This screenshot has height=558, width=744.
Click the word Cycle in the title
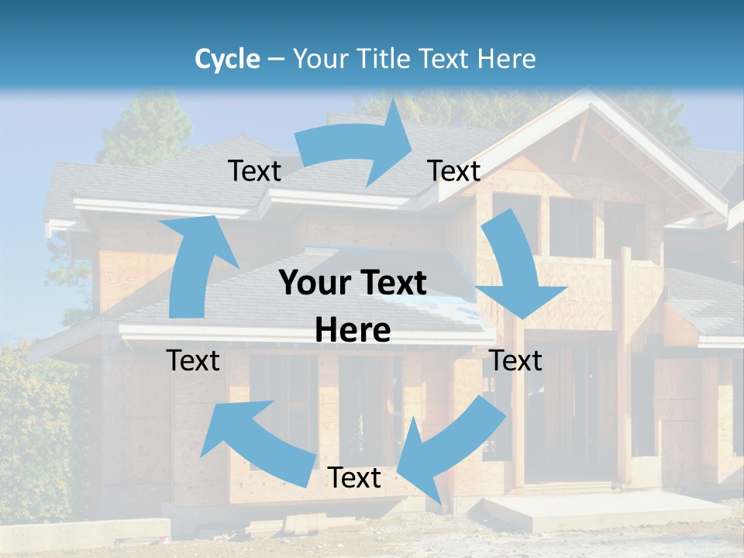(227, 59)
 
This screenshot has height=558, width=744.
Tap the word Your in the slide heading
(319, 59)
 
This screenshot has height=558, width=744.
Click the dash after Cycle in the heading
(276, 60)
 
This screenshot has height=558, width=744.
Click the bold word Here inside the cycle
(353, 331)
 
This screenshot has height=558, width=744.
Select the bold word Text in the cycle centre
(392, 283)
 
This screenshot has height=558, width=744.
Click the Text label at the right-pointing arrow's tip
(454, 170)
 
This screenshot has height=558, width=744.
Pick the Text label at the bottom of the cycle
(354, 478)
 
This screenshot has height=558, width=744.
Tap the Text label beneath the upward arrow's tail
(193, 360)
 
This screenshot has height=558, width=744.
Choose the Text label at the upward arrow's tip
(254, 170)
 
